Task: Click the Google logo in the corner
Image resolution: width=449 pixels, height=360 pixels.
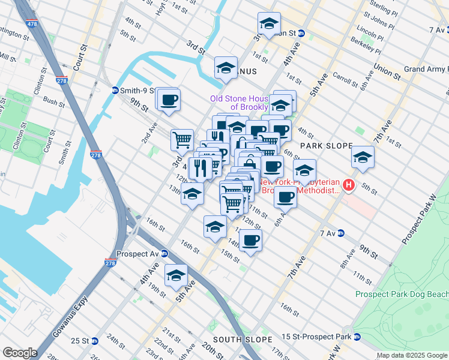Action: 20,353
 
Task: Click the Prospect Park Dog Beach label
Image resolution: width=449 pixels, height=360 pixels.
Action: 402,294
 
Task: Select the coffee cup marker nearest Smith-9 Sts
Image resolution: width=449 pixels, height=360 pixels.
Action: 169,99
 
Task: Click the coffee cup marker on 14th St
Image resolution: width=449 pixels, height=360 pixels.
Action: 250,241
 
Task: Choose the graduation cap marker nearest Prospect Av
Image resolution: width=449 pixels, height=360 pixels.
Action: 176,275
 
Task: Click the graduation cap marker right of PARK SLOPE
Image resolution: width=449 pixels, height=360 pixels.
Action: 363,157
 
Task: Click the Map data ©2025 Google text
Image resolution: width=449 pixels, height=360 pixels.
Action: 412,355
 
